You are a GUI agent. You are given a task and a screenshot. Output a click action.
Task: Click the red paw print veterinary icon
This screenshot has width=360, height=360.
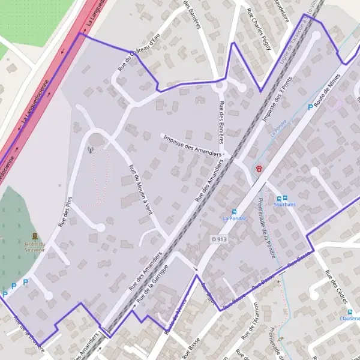pyautogui.click(x=259, y=169)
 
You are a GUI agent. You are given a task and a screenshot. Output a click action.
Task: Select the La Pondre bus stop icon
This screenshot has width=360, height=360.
pyautogui.click(x=234, y=212)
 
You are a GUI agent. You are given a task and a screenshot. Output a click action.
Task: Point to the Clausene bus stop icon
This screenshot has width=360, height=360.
pyautogui.click(x=350, y=313)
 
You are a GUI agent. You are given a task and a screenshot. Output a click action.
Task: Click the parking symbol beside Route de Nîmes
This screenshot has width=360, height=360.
pyautogui.click(x=310, y=107)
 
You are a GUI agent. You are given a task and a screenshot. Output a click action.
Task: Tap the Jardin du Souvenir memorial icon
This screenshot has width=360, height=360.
pyautogui.click(x=34, y=236)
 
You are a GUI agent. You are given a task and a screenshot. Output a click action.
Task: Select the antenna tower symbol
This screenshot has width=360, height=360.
pyautogui.click(x=91, y=150)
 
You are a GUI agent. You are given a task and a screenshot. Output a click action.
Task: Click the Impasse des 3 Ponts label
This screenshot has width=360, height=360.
pyautogui.click(x=277, y=100)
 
